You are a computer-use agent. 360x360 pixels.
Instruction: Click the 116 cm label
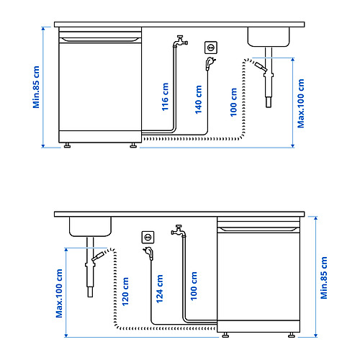[x=165, y=96]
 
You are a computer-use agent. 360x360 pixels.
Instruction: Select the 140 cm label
[x=198, y=99]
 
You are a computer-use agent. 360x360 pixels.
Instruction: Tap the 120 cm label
[x=125, y=292]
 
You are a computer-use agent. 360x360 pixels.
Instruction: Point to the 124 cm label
[x=159, y=289]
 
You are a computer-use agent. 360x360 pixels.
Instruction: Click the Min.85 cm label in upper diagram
[x=36, y=87]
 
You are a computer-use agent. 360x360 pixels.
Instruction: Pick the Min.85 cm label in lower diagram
[x=324, y=278]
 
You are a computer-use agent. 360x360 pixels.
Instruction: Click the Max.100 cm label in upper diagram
[x=301, y=104]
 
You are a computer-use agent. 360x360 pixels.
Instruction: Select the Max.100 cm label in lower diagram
[x=59, y=293]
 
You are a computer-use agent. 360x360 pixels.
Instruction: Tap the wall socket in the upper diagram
[x=211, y=48]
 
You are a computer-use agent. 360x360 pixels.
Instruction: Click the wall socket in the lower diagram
[x=148, y=238]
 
